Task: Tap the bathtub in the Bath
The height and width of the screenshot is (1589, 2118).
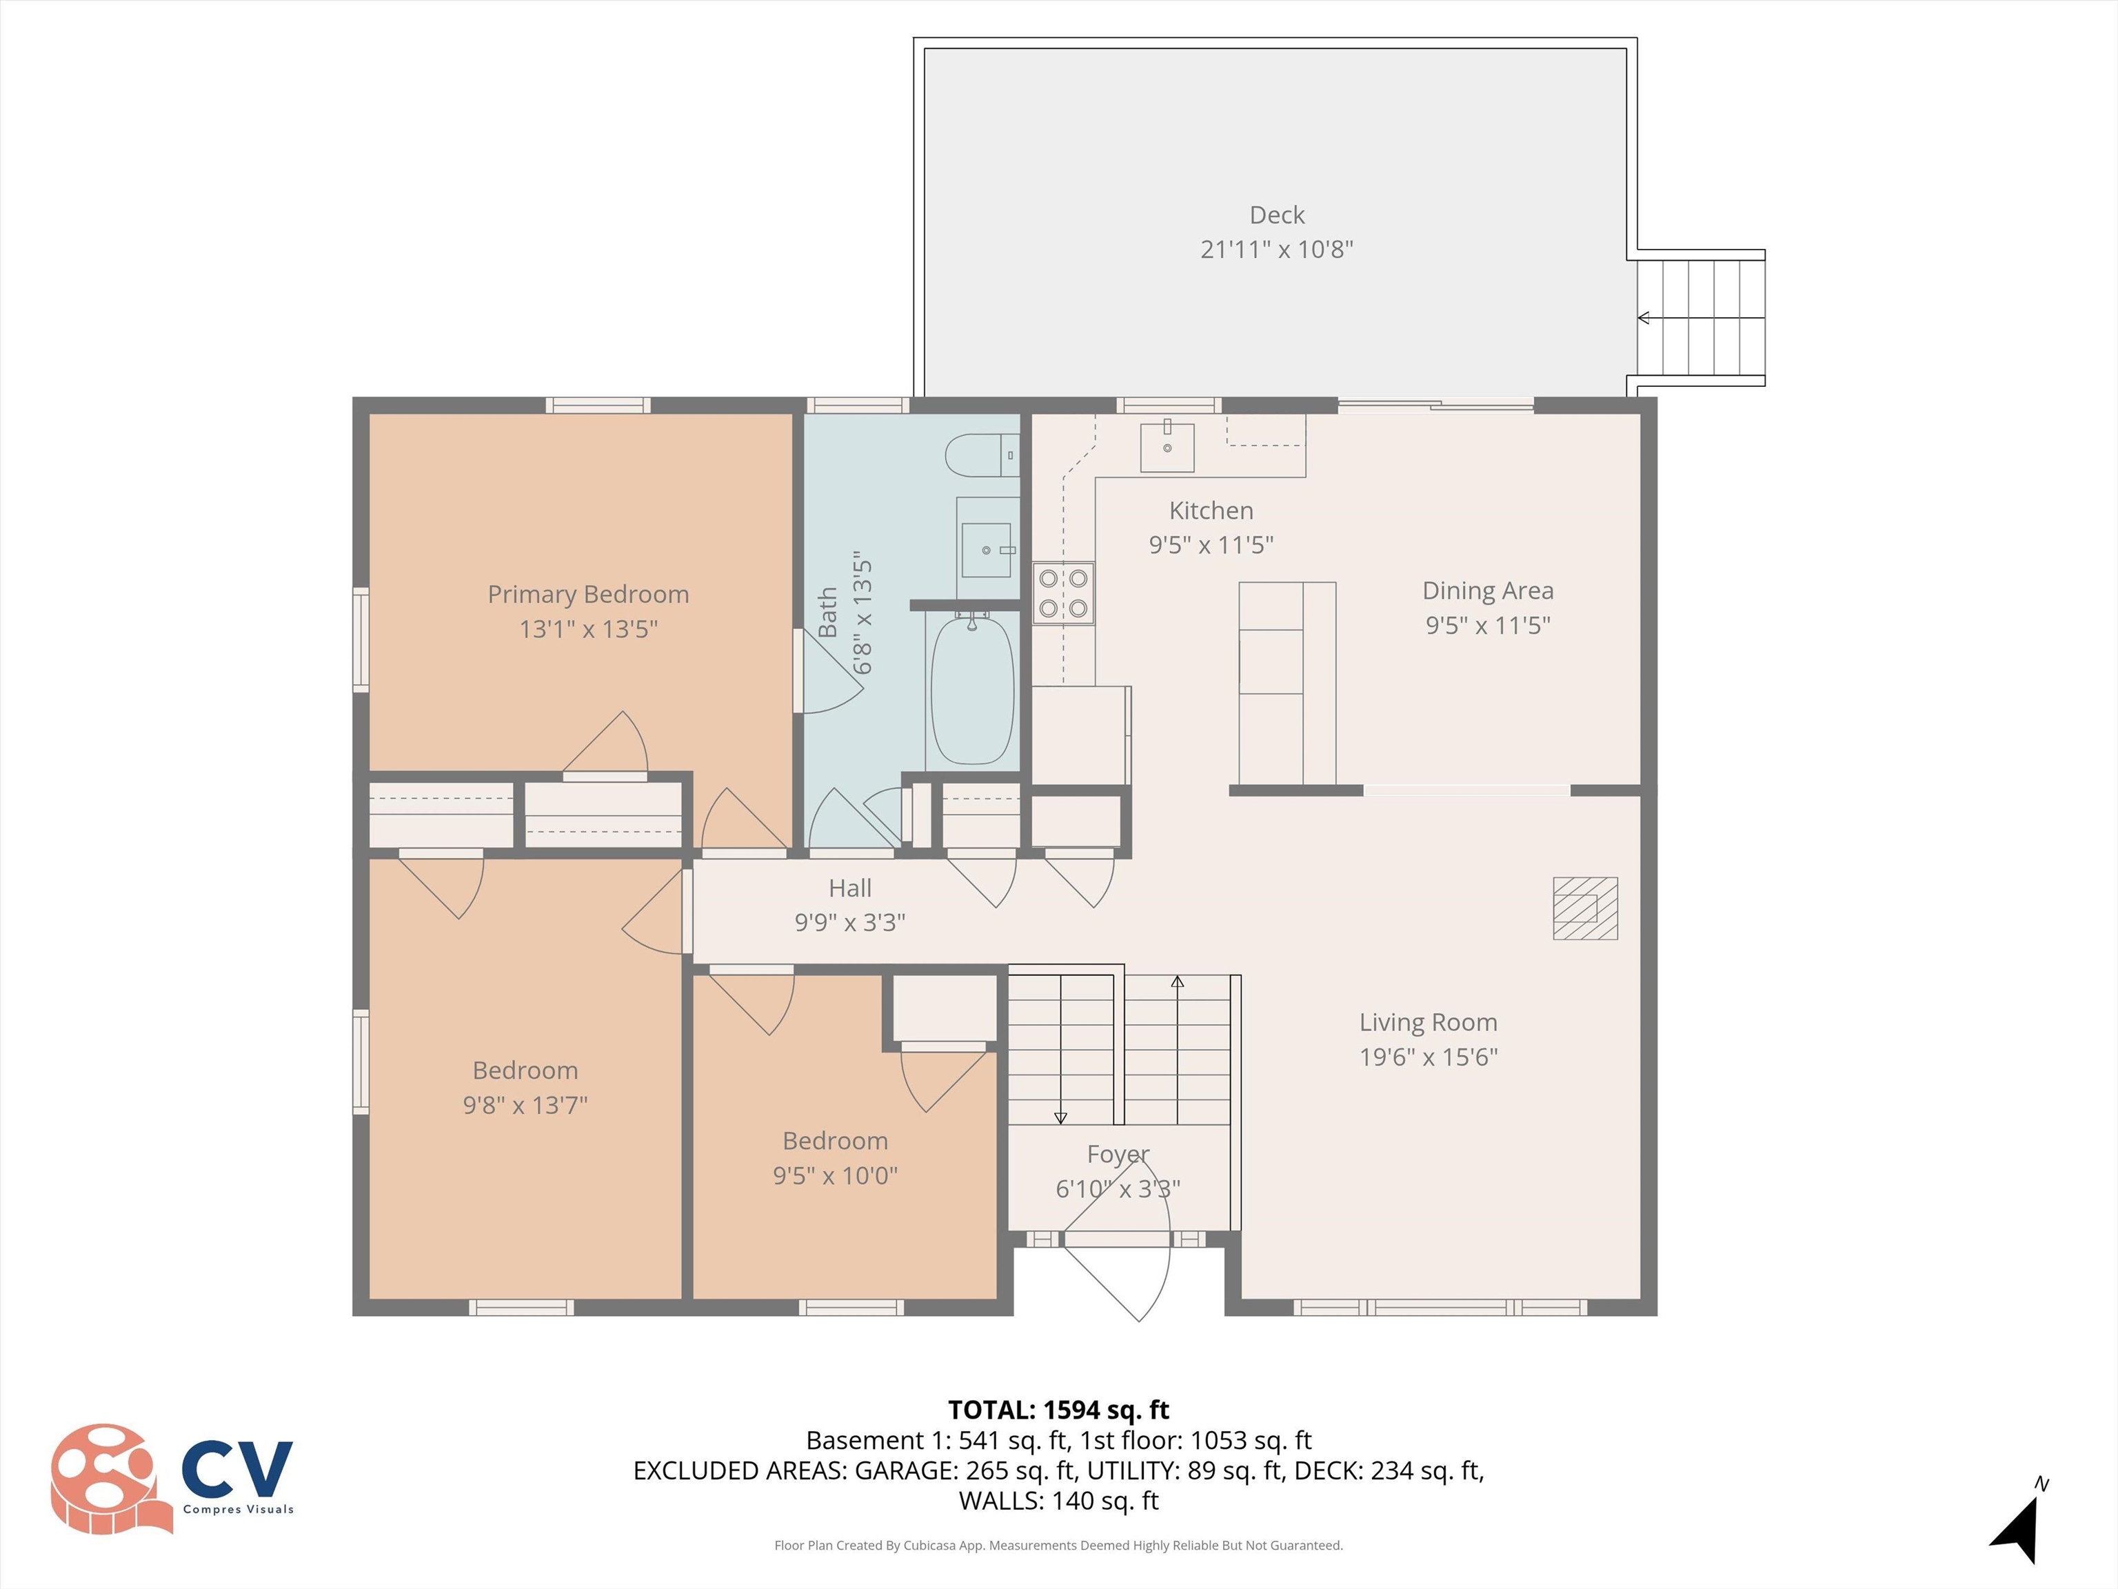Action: (x=972, y=690)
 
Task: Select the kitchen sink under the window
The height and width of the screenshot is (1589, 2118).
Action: (x=1167, y=448)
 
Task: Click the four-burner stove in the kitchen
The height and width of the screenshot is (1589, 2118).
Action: (x=1063, y=593)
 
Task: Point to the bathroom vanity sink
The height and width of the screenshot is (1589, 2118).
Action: (x=986, y=550)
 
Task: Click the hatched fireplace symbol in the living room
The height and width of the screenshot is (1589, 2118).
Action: (x=1584, y=908)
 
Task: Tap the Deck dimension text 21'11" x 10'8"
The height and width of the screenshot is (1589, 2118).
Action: (x=1276, y=249)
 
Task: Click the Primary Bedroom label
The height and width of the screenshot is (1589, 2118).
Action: (x=588, y=594)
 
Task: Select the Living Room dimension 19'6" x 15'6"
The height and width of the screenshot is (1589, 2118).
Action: (x=1428, y=1057)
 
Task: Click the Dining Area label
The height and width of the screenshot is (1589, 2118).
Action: (x=1487, y=591)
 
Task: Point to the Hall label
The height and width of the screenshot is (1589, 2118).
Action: (x=849, y=888)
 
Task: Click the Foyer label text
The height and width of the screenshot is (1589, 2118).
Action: (x=1118, y=1154)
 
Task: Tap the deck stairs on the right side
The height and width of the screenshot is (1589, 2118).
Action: (x=1700, y=318)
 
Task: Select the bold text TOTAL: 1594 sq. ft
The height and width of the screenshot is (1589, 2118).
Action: (x=1058, y=1410)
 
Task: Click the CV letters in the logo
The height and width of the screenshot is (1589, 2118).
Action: (x=236, y=1468)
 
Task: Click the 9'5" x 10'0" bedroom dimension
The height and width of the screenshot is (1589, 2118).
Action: (x=835, y=1175)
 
